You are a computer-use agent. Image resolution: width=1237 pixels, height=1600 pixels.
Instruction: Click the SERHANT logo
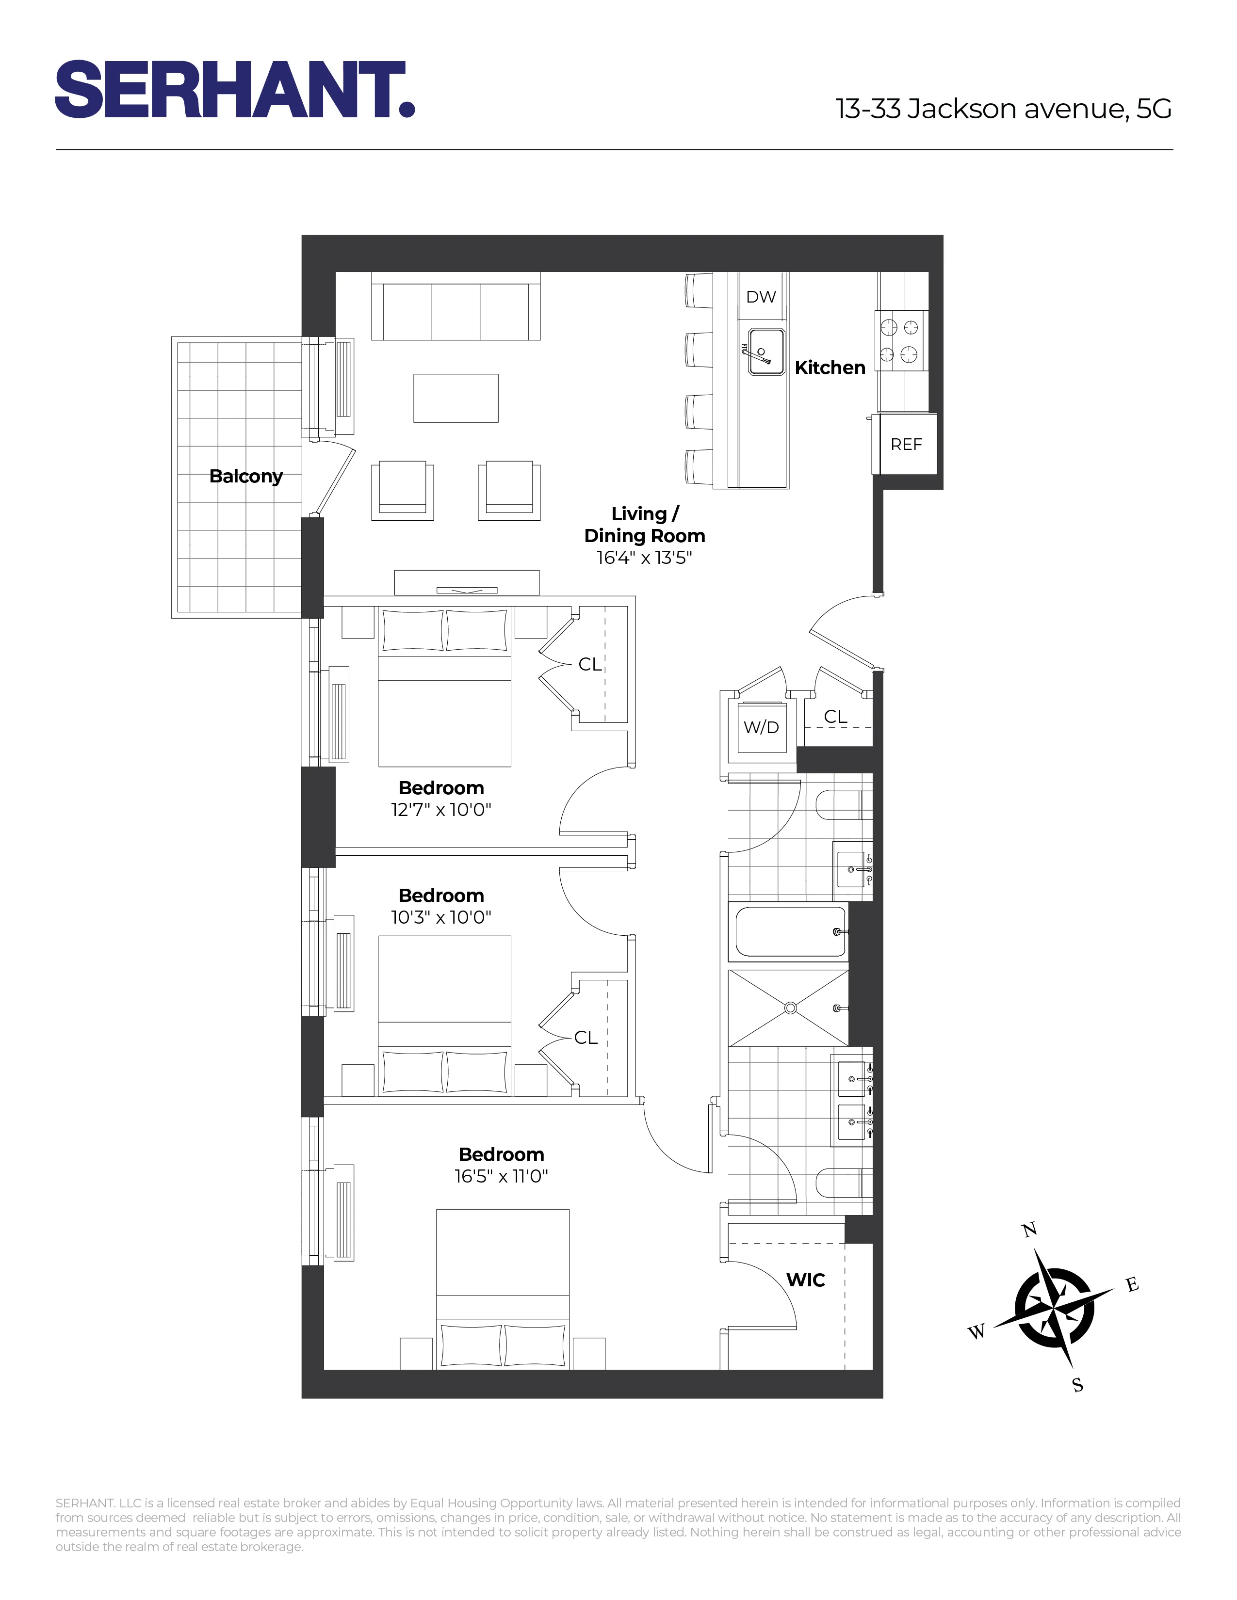point(234,89)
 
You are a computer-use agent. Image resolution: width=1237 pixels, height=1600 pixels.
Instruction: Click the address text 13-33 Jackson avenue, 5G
point(1003,109)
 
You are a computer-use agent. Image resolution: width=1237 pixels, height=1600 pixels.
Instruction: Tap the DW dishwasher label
point(761,297)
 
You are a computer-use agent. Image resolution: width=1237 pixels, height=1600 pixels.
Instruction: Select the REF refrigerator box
point(906,444)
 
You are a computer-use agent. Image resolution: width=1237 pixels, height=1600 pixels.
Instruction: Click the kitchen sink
point(766,351)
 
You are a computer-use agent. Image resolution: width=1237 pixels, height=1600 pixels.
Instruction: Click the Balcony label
point(245,476)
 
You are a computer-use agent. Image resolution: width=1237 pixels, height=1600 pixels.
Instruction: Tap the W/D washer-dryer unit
point(762,727)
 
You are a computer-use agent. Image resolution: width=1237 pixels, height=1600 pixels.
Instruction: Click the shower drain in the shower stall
point(790,1008)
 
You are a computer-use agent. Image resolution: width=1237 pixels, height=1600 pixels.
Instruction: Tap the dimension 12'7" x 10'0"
point(440,810)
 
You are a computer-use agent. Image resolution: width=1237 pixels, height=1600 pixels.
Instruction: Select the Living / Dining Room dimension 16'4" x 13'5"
point(644,558)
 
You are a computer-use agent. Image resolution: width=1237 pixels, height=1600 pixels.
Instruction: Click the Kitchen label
point(830,367)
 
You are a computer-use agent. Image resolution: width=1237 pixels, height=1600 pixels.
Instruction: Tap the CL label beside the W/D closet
point(835,717)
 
